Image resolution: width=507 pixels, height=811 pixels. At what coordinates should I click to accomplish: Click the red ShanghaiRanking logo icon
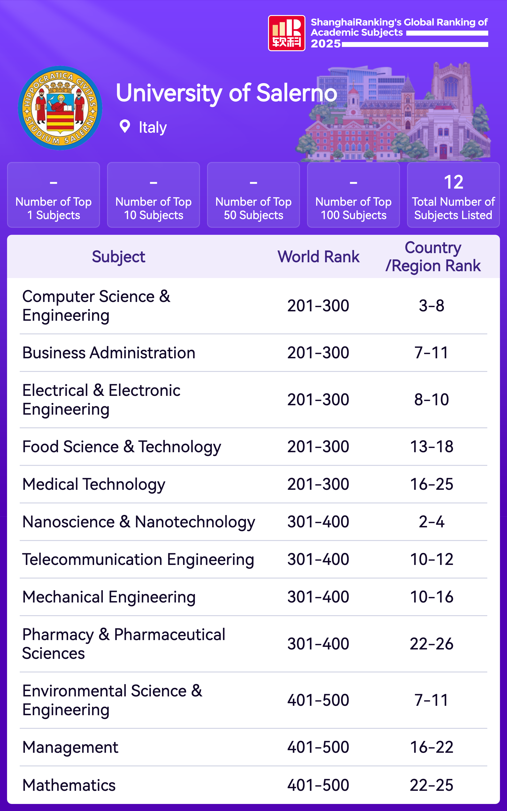[286, 33]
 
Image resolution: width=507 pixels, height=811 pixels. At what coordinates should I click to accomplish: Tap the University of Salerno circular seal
[60, 108]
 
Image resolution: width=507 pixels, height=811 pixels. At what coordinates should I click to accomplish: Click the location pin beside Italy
[125, 127]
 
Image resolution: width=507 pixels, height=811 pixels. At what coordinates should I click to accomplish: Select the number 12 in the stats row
[453, 182]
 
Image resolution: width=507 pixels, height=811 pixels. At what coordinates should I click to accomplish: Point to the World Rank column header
[318, 257]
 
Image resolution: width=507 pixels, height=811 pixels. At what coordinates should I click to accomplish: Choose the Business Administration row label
[109, 353]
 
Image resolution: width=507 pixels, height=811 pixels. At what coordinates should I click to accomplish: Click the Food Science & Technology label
[121, 447]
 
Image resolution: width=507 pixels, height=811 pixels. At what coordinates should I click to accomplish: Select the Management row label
[70, 747]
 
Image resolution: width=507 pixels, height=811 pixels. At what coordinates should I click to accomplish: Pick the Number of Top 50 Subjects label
[253, 208]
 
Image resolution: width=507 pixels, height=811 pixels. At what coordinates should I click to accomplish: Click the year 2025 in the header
[325, 44]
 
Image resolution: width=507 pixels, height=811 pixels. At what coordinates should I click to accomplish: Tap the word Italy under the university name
[153, 127]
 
